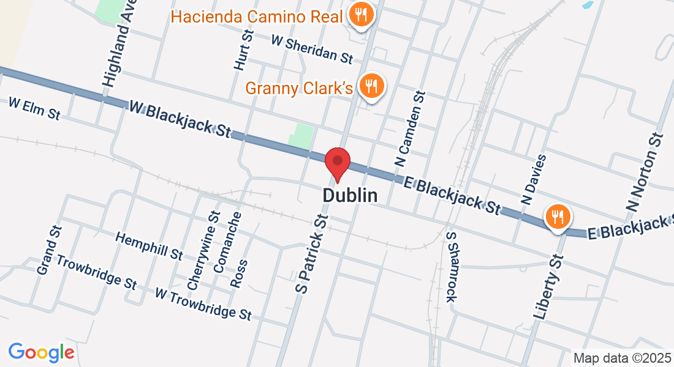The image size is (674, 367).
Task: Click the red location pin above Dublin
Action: click(x=337, y=163)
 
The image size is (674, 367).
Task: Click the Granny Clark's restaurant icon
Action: click(x=371, y=86)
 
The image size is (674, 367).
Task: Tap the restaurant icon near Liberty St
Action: click(x=558, y=217)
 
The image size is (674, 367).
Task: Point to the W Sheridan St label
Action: click(x=312, y=49)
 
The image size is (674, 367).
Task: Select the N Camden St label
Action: click(x=411, y=130)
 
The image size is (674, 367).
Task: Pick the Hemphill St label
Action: click(x=149, y=245)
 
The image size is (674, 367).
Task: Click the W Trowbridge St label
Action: click(x=203, y=303)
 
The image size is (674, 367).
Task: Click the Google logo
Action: click(x=41, y=352)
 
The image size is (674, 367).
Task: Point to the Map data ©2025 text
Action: click(x=621, y=358)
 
